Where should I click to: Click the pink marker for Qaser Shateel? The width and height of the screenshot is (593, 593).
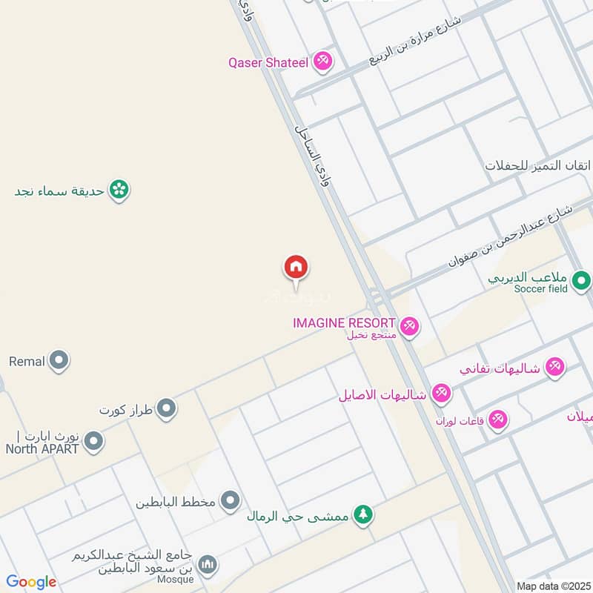click(322, 62)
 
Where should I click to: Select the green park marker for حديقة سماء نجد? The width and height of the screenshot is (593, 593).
click(119, 191)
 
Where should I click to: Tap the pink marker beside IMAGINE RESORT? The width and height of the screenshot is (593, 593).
click(408, 325)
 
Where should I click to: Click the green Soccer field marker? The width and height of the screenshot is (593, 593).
click(581, 281)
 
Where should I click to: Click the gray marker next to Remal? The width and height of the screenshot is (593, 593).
click(59, 362)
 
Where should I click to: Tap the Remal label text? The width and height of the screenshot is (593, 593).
click(27, 362)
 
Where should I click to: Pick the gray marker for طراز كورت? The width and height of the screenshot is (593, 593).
click(167, 408)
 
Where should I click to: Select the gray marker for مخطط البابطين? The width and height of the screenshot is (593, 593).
click(231, 501)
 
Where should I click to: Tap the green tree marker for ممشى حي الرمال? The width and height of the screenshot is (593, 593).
click(362, 514)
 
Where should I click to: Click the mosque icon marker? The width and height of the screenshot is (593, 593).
click(209, 566)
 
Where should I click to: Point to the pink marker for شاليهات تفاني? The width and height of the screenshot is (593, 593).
click(554, 366)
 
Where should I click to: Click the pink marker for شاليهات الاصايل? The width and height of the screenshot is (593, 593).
click(442, 394)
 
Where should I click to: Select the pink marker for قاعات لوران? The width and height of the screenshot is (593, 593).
click(498, 420)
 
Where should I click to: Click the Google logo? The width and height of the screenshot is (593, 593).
click(31, 582)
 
